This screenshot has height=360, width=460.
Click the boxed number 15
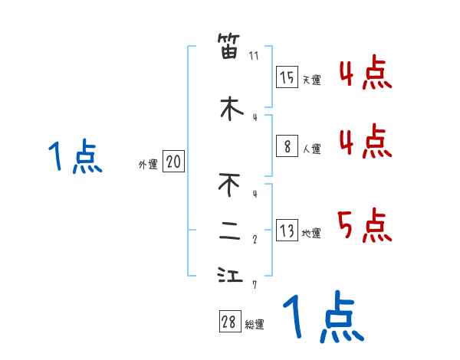click(x=287, y=77)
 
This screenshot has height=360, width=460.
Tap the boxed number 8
click(x=287, y=146)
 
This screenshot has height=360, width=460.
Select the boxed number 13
click(x=287, y=231)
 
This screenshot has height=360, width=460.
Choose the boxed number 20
click(x=173, y=162)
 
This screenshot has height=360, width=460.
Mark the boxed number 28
click(x=229, y=322)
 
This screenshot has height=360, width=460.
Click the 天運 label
click(x=311, y=80)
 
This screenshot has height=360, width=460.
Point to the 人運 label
click(x=311, y=149)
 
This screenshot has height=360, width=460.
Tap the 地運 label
click(x=311, y=234)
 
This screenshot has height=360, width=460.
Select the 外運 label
click(x=148, y=164)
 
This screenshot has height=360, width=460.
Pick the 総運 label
click(x=255, y=325)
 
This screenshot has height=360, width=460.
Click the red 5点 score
click(x=364, y=226)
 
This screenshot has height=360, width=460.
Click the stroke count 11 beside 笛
click(x=254, y=56)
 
